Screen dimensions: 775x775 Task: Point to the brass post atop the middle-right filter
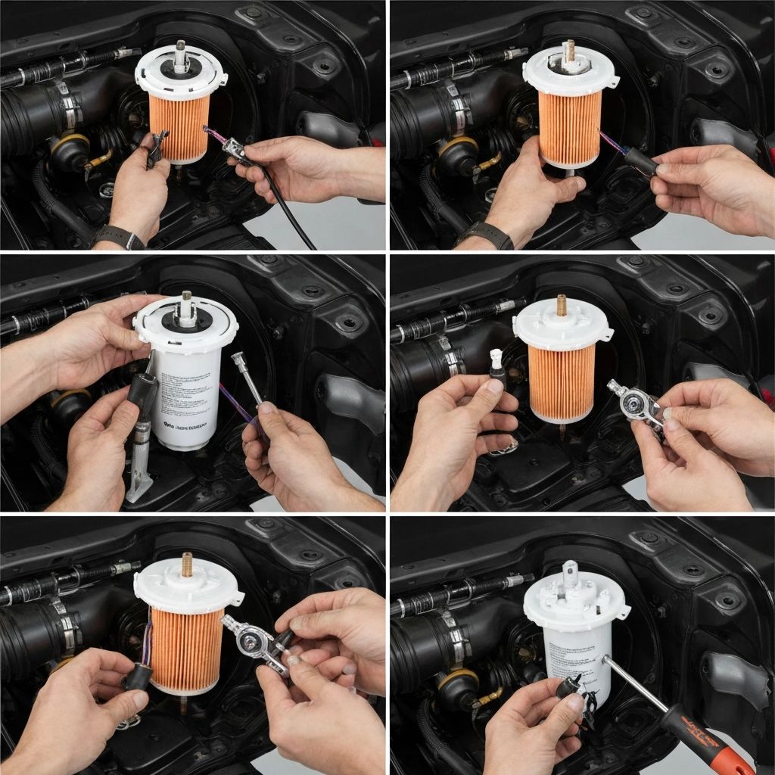(x=562, y=305)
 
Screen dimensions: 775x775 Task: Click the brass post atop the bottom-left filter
(x=186, y=564)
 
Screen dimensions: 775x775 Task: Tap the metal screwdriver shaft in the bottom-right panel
(x=634, y=685)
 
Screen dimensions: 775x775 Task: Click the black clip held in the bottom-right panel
(x=572, y=693)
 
